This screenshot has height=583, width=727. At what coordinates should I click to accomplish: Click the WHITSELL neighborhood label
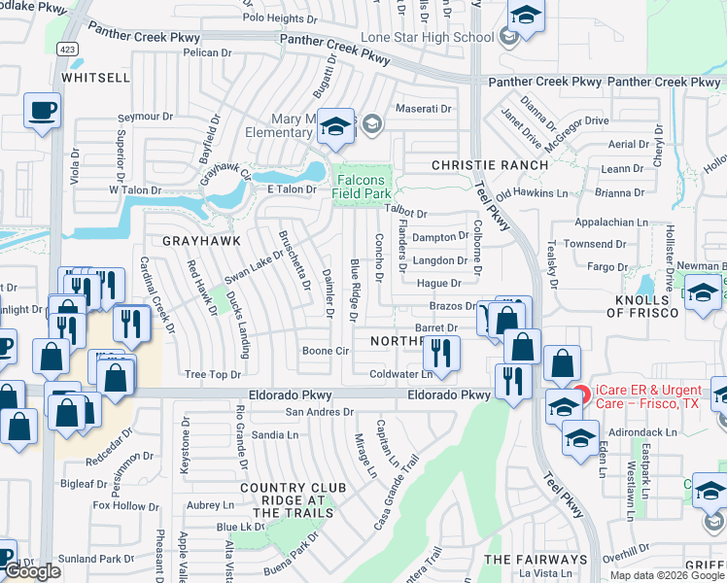click(x=95, y=76)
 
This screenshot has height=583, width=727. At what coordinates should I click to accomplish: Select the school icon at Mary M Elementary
click(x=336, y=126)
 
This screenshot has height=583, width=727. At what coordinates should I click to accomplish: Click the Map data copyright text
click(x=667, y=575)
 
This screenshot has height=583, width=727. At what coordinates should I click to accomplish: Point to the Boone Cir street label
click(x=326, y=351)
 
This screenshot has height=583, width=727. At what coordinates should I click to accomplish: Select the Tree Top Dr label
click(x=212, y=374)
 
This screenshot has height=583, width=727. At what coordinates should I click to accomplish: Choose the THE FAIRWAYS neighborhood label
click(x=536, y=560)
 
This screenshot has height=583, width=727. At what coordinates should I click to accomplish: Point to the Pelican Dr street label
click(x=204, y=52)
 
